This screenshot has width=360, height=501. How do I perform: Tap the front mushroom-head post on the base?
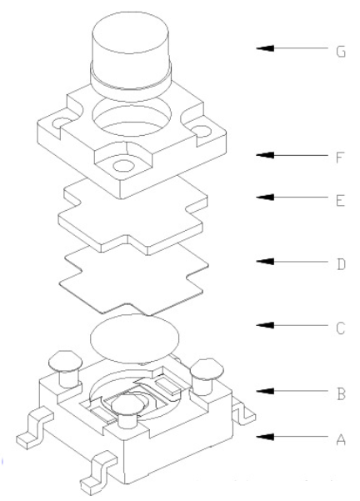tap(126, 408)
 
